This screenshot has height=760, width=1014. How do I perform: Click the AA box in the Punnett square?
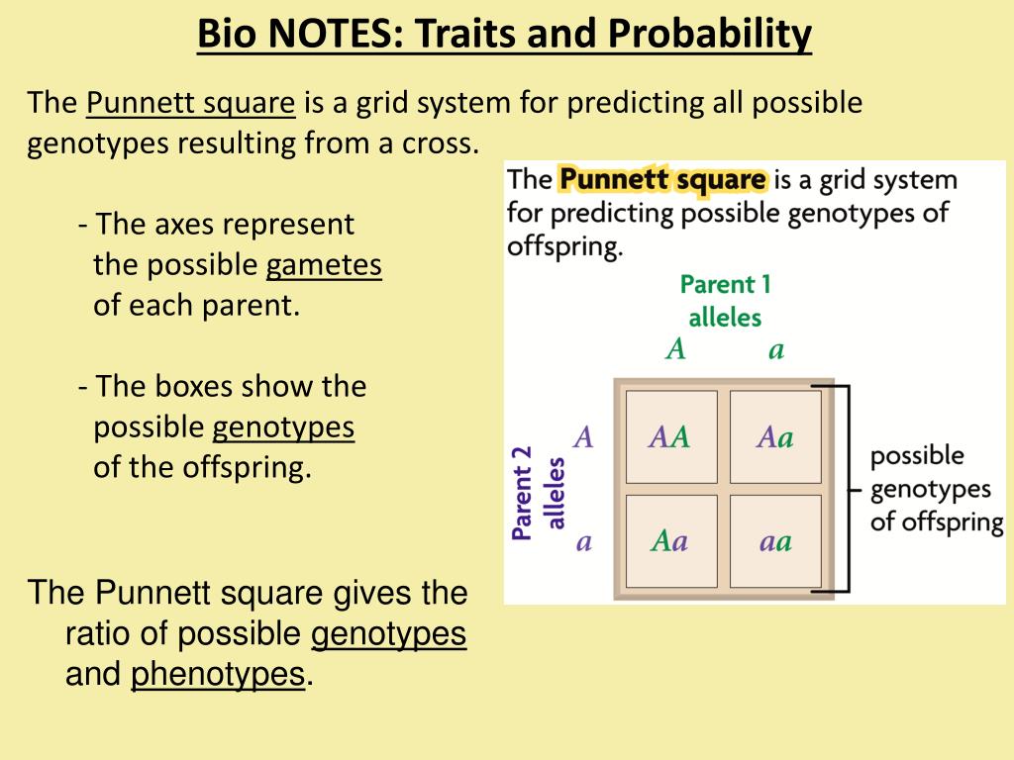[x=670, y=436]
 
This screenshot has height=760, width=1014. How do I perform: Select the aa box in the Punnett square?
[x=775, y=541]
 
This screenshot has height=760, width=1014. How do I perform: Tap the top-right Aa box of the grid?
[x=775, y=436]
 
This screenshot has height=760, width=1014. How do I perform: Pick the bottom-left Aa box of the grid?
[x=670, y=541]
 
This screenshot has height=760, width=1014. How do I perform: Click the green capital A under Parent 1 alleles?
[x=675, y=350]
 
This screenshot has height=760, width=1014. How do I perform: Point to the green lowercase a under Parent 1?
[x=776, y=350]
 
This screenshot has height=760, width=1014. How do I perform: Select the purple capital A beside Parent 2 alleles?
[x=584, y=436]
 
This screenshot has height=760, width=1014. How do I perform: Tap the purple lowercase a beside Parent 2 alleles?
[x=584, y=542]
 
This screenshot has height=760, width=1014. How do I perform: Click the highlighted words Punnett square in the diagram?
[x=662, y=180]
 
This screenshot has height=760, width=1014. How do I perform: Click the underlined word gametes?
[x=324, y=265]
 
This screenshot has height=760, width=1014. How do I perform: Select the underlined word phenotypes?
[x=217, y=674]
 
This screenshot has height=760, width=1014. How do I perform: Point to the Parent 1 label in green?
[x=725, y=285]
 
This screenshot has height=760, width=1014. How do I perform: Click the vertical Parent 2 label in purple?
[x=522, y=492]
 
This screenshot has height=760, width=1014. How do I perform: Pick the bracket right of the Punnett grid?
[x=844, y=488]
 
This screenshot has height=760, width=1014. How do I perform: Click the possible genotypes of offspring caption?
[x=935, y=488]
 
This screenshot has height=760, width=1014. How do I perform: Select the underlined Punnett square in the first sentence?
[x=192, y=103]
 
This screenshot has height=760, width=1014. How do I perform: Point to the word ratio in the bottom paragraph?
[x=98, y=633]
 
